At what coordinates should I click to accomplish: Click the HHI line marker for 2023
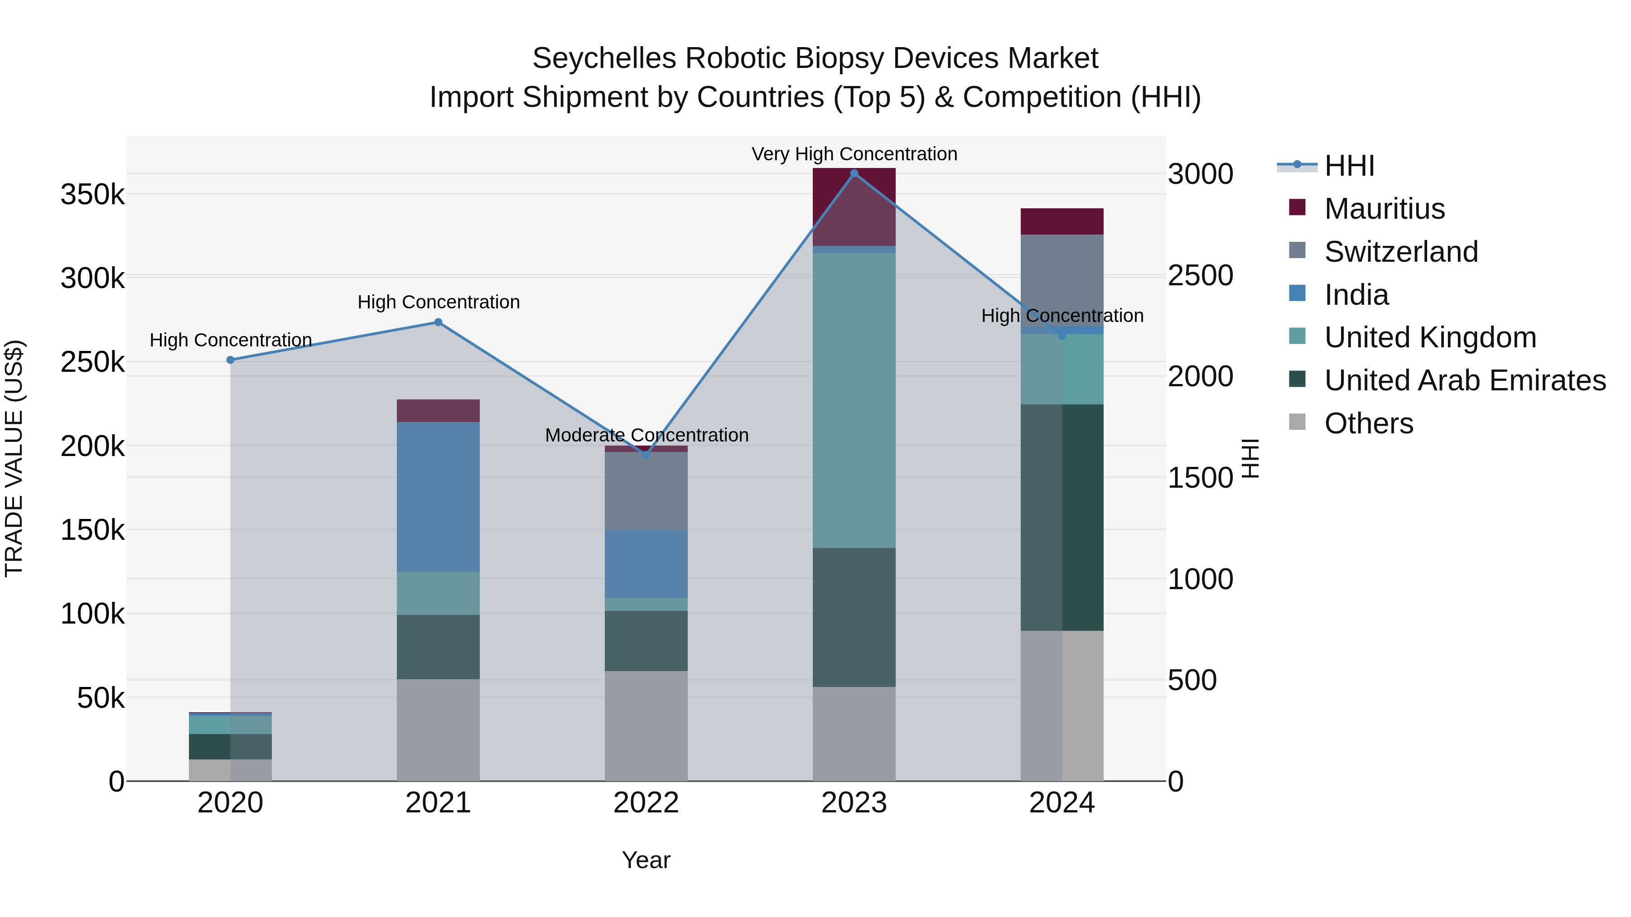point(854,173)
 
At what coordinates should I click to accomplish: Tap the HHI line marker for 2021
point(438,322)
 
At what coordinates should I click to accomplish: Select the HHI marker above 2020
point(231,360)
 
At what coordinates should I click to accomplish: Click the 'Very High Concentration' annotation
point(854,154)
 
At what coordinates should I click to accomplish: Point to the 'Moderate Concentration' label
point(647,435)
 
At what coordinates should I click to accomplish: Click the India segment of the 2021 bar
point(438,497)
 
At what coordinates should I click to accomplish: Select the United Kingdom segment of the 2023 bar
point(854,400)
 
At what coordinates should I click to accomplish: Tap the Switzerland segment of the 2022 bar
point(647,491)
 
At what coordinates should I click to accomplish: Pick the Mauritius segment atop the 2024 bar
point(1062,221)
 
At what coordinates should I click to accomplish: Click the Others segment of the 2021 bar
point(438,730)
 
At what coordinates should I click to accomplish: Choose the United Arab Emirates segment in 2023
point(854,617)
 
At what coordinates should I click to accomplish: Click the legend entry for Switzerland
point(1400,252)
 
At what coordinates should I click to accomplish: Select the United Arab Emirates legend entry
point(1464,381)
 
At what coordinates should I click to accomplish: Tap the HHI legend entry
point(1349,166)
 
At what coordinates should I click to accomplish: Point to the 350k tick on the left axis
point(92,194)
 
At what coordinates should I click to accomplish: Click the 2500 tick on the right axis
point(1201,276)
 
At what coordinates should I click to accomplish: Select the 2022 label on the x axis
point(647,803)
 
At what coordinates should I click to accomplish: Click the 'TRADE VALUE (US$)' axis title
point(14,458)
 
